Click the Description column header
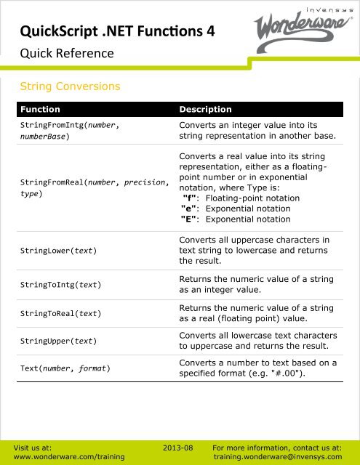click(x=205, y=110)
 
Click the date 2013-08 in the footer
click(x=177, y=449)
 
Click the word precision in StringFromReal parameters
click(x=145, y=183)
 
